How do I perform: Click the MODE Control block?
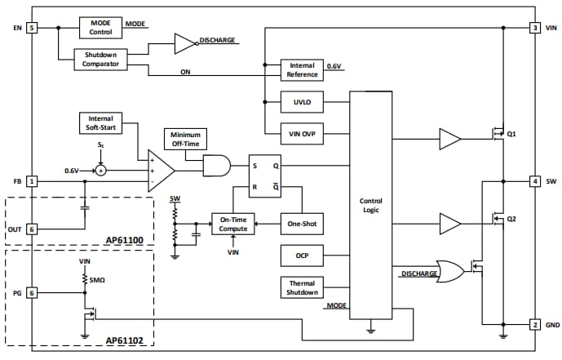coord(100,27)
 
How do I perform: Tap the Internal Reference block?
coord(302,69)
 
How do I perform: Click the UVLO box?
coord(302,104)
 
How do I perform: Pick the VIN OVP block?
coord(302,133)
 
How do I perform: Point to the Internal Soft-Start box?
coord(101,122)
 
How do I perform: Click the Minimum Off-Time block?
coord(185,139)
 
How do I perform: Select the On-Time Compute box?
coord(233,223)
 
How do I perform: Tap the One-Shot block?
coord(302,223)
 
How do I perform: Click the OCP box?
coord(302,256)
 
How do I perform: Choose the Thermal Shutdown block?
coord(302,287)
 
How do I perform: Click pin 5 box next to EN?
coord(32,28)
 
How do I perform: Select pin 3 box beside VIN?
coord(534,28)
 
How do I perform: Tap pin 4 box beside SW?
coord(534,180)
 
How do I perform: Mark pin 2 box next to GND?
coord(534,324)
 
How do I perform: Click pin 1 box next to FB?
coord(32,180)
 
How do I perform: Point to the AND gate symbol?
coord(217,167)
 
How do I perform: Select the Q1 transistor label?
coord(511,133)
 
